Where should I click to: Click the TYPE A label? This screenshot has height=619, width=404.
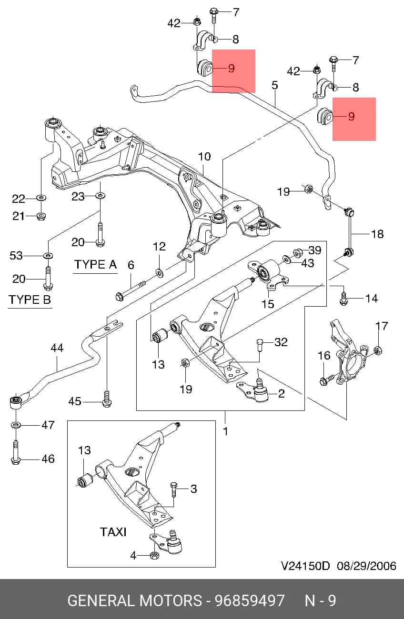pos(95,264)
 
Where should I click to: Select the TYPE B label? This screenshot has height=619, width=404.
pos(30,300)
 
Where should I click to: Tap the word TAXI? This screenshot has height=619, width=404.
pos(113,532)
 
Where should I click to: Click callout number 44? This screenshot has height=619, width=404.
pos(57,348)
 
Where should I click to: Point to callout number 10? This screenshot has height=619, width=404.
pos(204,157)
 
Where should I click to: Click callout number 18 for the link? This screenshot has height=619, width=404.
pos(377,234)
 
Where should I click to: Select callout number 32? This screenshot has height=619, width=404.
pos(281,342)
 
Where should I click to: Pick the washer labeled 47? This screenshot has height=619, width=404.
pos(16,425)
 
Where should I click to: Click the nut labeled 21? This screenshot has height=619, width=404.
pos(41,216)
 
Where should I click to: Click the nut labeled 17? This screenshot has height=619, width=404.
pos(378,350)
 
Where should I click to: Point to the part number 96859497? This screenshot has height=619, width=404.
pos(250,600)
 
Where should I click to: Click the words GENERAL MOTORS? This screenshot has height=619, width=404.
pos(135,600)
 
